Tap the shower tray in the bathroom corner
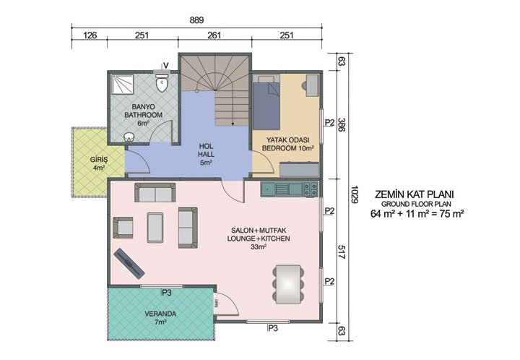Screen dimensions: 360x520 pos(123,85)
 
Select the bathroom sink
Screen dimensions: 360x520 pos(130,137)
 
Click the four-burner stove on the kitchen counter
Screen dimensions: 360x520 pos(310,189)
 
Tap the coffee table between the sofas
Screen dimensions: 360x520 pos(155,226)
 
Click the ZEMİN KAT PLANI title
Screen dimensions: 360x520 pos(416,194)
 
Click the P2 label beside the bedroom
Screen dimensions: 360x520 pos(329,122)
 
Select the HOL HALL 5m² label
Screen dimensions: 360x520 pos(206,154)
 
